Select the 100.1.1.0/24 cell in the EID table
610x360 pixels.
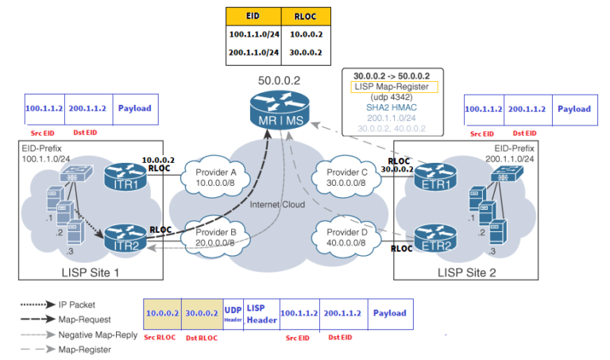[x=253, y=35]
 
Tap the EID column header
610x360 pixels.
[x=253, y=16]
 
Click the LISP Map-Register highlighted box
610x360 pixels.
[x=392, y=86]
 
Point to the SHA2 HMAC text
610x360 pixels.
[x=392, y=106]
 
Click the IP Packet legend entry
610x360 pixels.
[x=78, y=304]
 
